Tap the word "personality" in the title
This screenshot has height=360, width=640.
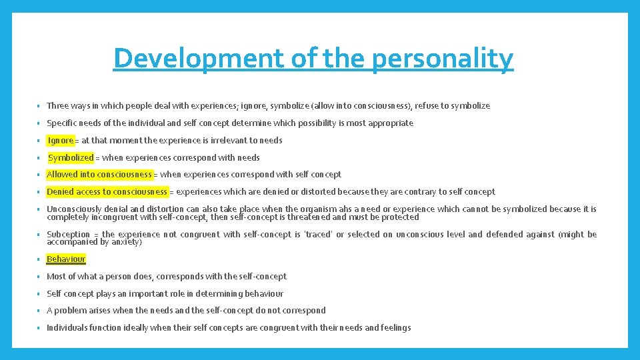pyautogui.click(x=442, y=59)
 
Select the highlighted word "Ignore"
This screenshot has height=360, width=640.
pyautogui.click(x=61, y=140)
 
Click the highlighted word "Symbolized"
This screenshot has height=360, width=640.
pyautogui.click(x=71, y=157)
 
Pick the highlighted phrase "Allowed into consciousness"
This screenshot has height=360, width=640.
pyautogui.click(x=99, y=175)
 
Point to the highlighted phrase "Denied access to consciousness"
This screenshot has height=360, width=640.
pyautogui.click(x=107, y=192)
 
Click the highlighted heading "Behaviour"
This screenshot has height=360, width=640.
pyautogui.click(x=66, y=259)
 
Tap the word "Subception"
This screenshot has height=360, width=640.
pyautogui.click(x=68, y=234)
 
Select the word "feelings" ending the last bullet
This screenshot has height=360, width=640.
pyautogui.click(x=395, y=327)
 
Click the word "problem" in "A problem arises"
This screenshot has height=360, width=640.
pyautogui.click(x=70, y=310)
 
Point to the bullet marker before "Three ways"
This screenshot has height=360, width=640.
pyautogui.click(x=39, y=106)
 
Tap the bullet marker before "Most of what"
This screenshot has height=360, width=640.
pyautogui.click(x=39, y=277)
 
